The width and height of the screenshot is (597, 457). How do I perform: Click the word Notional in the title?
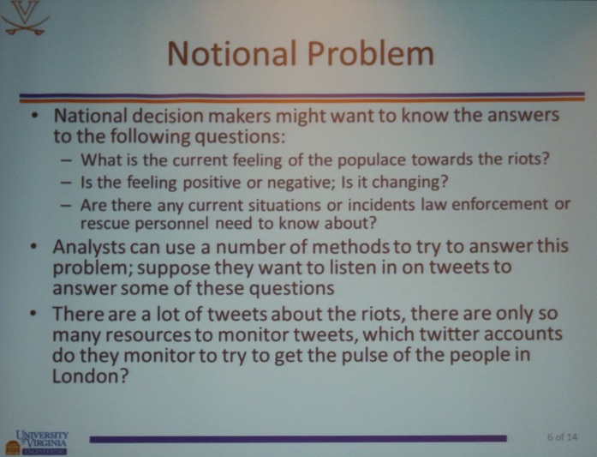[x=231, y=53]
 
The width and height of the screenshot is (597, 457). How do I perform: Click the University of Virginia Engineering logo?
[x=37, y=442]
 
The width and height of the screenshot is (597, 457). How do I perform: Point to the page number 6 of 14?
[x=562, y=436]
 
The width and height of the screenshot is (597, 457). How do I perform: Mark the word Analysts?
[x=89, y=248]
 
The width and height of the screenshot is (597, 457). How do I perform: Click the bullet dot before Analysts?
[x=34, y=248]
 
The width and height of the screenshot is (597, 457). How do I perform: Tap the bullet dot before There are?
[x=34, y=315]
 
